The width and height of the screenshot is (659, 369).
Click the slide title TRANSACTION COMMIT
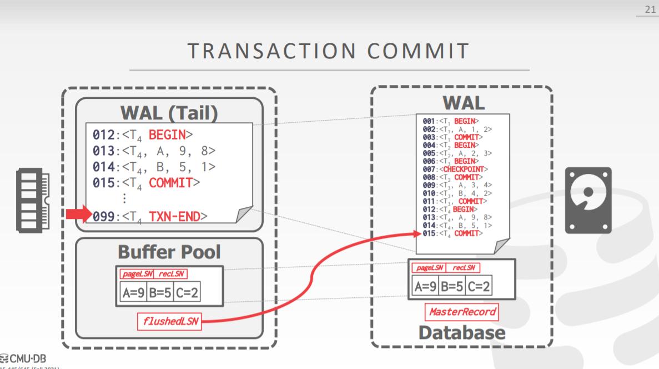point(329,51)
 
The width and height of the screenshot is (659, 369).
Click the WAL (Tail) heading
point(169,113)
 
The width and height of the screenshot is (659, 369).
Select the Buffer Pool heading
point(169,252)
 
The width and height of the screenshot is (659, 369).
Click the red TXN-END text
point(174,216)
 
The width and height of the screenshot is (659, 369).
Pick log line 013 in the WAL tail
point(154,151)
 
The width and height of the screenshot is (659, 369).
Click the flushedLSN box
point(169,321)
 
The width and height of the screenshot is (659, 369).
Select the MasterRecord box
point(462,312)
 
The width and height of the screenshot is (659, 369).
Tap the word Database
point(462,333)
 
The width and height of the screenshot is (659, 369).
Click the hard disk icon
point(588,200)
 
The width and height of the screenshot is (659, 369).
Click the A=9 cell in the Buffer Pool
point(133,292)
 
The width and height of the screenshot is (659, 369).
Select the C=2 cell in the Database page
point(478,286)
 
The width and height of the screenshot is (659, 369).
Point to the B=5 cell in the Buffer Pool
point(160,292)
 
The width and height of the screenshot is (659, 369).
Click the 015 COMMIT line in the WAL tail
point(143,182)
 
